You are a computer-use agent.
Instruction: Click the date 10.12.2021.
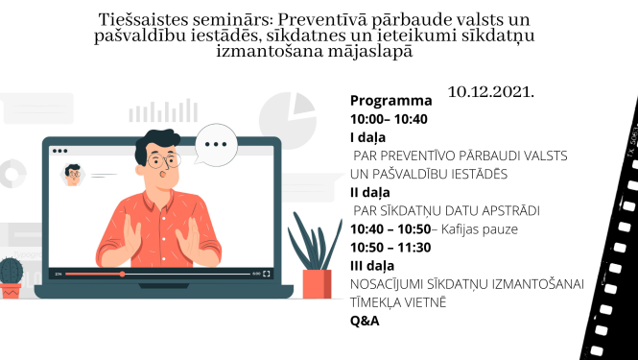coord(489,92)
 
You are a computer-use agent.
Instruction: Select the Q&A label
coord(365,320)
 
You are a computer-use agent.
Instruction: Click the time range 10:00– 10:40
coord(389,119)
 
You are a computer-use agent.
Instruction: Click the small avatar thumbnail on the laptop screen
coord(72,174)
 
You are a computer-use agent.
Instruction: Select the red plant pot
coord(316,283)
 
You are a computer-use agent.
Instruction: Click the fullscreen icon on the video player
coord(267,274)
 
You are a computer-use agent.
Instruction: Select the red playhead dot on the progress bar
coord(122,274)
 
